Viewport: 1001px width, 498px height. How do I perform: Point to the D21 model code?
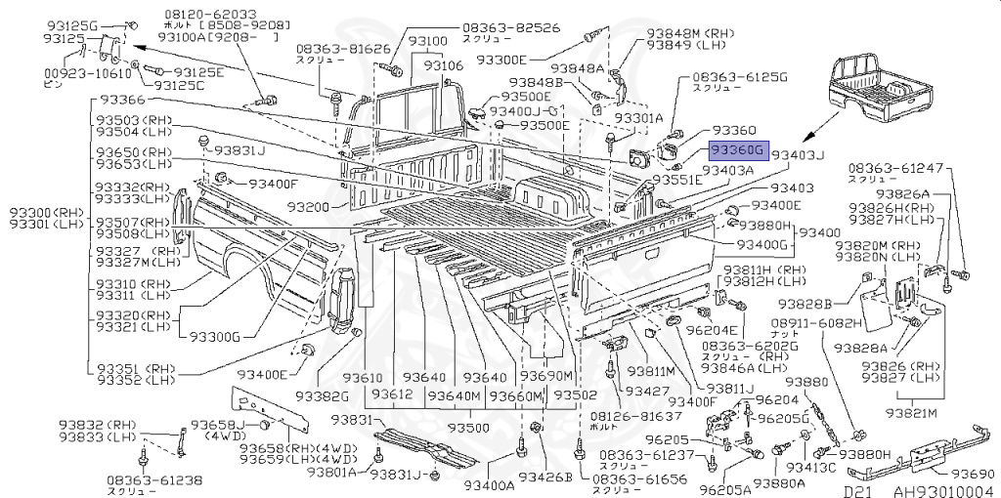pos(857,491)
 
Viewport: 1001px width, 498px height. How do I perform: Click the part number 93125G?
pos(70,23)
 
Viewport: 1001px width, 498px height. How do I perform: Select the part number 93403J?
pos(799,154)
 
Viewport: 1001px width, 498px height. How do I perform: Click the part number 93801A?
pos(337,472)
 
